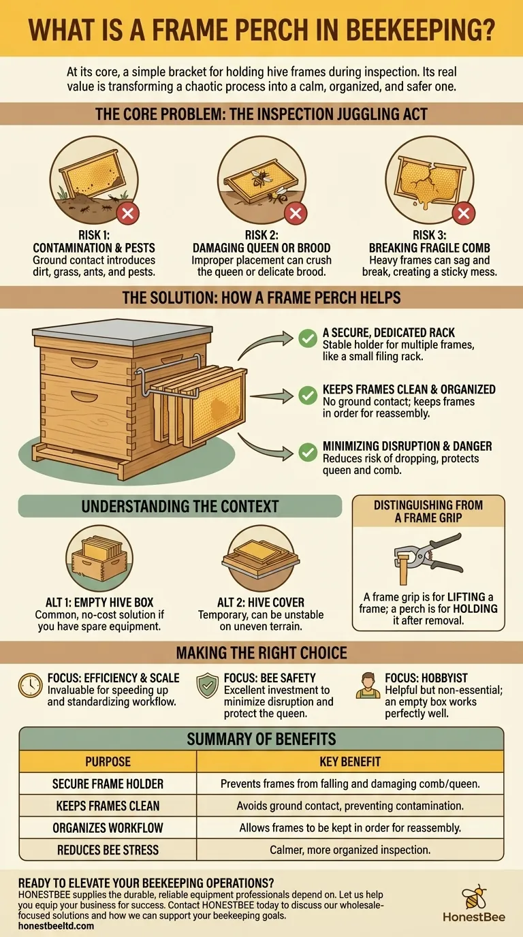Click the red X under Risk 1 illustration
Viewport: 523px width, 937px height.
127,214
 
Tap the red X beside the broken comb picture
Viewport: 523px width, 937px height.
464,214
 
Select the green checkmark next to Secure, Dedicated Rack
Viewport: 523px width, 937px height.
308,337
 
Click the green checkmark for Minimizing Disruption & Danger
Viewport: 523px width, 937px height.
308,451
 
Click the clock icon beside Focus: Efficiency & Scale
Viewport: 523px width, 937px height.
31,686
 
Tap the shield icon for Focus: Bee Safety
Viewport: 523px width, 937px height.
207,686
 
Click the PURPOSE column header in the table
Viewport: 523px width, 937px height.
108,761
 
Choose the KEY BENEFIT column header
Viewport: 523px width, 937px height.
350,761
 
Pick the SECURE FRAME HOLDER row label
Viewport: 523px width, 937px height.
108,784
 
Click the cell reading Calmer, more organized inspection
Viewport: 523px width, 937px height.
350,849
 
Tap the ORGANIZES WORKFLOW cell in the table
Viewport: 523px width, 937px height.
108,827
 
